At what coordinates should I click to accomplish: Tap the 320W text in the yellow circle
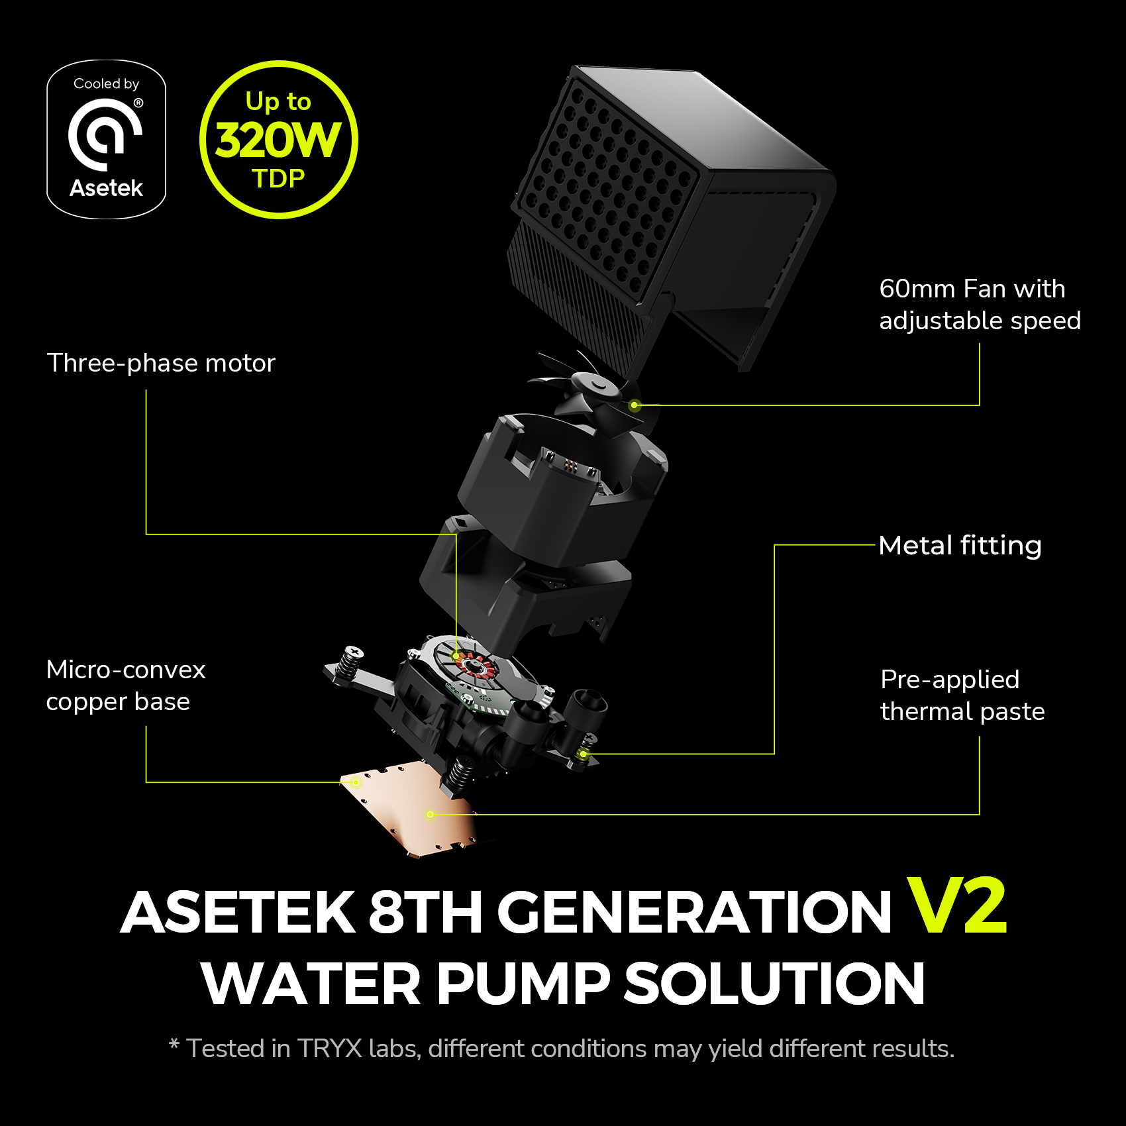coord(278,140)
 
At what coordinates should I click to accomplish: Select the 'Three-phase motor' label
coord(161,363)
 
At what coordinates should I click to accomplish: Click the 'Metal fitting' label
coord(960,546)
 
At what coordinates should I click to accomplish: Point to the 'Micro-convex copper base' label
coord(126,686)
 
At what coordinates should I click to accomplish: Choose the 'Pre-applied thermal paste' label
coord(962,695)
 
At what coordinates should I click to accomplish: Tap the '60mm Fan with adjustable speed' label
coord(980,305)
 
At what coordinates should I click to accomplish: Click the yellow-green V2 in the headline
coord(956,905)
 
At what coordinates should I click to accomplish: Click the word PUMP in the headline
coord(523,984)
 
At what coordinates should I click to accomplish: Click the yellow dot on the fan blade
coord(635,405)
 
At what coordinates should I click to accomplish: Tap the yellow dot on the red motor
coord(456,656)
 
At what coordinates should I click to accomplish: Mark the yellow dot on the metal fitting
coord(583,754)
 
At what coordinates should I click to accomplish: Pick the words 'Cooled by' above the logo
coord(106,84)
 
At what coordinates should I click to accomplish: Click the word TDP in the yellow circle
coord(278,179)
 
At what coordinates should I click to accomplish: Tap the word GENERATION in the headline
coord(695,912)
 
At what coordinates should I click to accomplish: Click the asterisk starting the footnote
coord(174,1045)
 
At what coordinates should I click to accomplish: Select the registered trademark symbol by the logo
coord(138,103)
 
